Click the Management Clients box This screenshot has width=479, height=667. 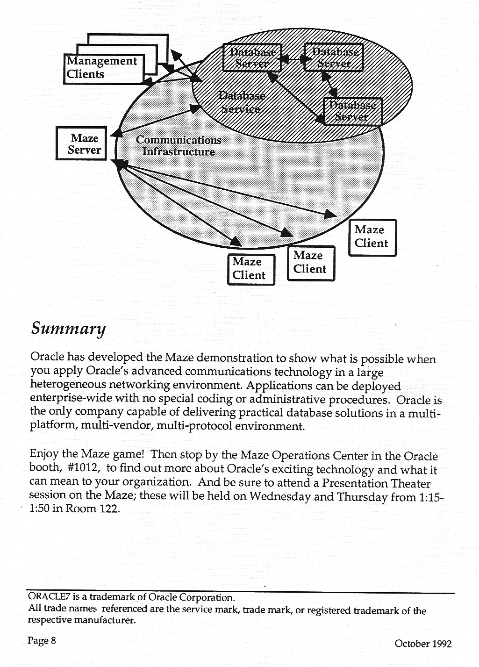point(103,68)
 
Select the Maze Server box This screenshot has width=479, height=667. point(82,143)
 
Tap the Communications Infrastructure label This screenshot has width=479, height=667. point(178,146)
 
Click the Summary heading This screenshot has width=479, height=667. point(68,329)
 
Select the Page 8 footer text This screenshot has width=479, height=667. point(42,640)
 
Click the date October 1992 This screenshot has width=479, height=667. point(423,644)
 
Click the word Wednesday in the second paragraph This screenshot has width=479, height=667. point(280,496)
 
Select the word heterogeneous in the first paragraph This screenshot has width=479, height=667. point(68,385)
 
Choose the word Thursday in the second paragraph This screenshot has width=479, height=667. point(362,496)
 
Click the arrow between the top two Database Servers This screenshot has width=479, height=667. point(293,59)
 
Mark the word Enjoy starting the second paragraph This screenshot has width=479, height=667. point(44,454)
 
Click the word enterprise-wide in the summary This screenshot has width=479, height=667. point(61,398)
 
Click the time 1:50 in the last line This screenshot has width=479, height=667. point(39,509)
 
